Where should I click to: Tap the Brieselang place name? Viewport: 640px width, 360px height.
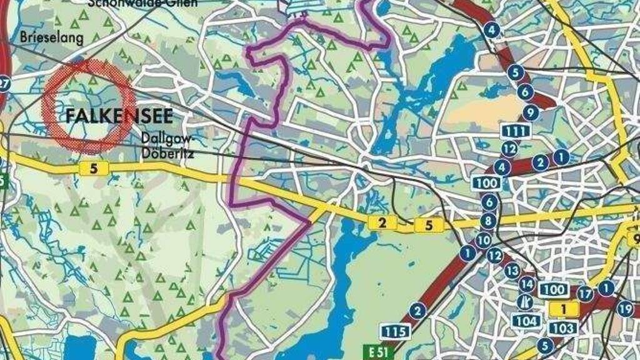51,38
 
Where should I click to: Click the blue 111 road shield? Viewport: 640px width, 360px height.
516,131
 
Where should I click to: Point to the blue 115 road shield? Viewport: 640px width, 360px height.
394,331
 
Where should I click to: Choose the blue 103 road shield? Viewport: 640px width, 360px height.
563,327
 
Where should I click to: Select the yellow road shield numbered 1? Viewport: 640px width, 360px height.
562,307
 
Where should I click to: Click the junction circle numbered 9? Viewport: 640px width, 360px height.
531,113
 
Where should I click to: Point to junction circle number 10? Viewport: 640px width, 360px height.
483,239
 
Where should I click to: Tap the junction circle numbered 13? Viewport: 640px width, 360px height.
512,271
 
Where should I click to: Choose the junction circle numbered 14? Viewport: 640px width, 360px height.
527,284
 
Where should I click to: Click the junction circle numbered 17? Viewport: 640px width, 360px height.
585,293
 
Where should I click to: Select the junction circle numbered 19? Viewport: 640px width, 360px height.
625,308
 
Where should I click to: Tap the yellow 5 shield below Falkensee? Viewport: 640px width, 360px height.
94,167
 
